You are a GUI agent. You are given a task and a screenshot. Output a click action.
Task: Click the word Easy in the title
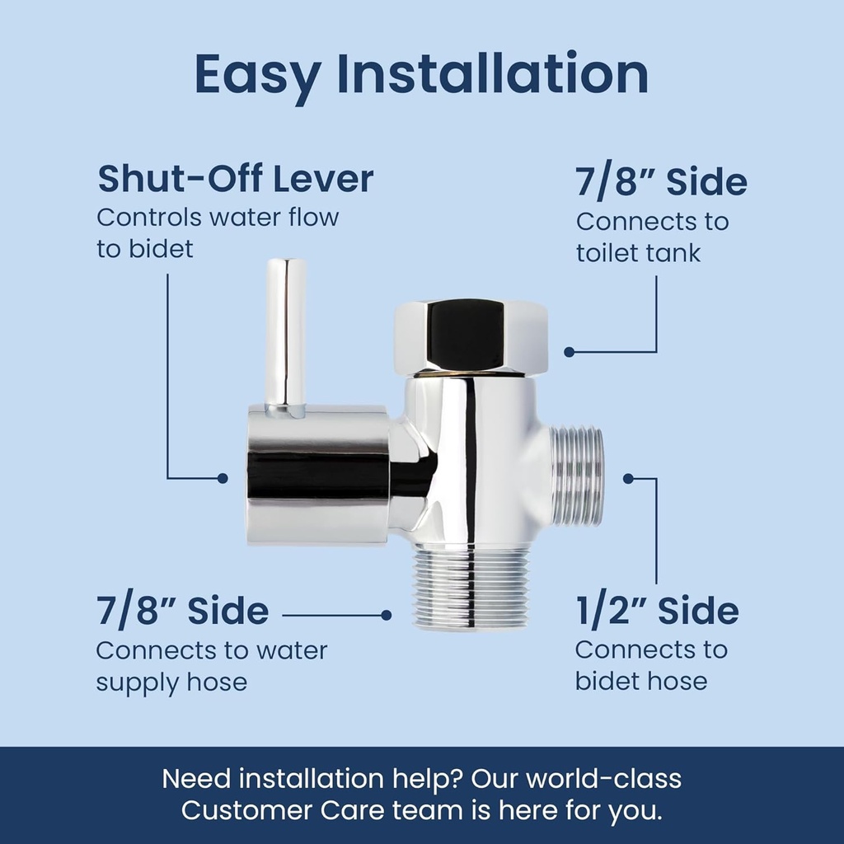tap(257, 75)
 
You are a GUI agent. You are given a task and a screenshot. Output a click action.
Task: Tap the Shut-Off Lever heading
tap(236, 179)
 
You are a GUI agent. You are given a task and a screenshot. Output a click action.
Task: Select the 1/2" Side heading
tap(656, 612)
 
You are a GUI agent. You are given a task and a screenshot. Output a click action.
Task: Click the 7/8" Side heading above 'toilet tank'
tap(661, 182)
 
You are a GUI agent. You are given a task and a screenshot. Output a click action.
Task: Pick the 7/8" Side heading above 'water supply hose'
tap(182, 612)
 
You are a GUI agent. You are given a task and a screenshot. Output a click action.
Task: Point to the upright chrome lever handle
tap(285, 333)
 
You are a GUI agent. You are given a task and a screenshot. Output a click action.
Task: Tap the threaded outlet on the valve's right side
tap(577, 476)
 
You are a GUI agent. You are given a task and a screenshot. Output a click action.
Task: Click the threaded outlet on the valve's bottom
tap(470, 586)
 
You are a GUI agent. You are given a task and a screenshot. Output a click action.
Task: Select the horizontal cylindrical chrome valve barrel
tap(317, 474)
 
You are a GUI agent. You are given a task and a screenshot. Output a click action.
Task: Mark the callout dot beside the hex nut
tap(569, 352)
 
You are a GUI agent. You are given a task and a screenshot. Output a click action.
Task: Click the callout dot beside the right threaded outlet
tap(628, 478)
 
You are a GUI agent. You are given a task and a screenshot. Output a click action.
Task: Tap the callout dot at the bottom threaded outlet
tap(386, 615)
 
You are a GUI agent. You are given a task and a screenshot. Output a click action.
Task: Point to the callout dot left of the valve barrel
tap(222, 478)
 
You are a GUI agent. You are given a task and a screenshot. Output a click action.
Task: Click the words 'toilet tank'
tap(638, 252)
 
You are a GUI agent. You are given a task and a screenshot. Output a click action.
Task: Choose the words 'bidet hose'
tap(640, 682)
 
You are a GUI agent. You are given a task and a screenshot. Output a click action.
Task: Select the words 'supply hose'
tap(171, 682)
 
